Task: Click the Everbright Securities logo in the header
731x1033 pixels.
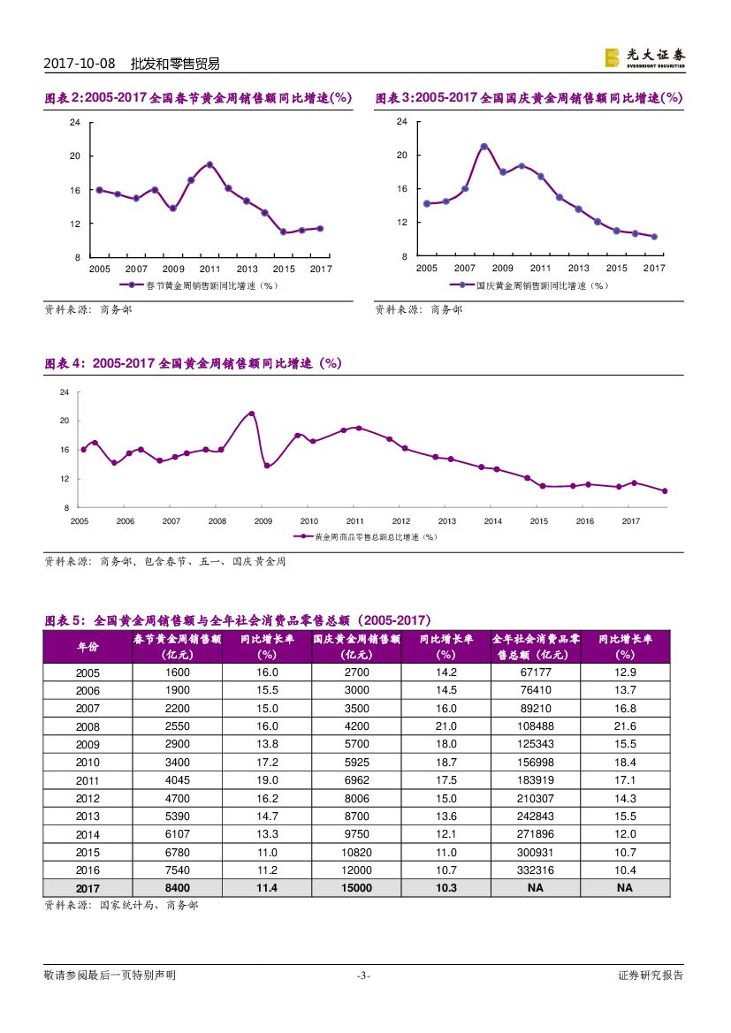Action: pos(644,58)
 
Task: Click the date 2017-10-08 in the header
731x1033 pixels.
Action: pos(80,64)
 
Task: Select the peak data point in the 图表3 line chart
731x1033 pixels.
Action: pos(484,147)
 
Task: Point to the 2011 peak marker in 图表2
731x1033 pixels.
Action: pos(209,164)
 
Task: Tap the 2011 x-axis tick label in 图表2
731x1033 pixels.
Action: pos(209,268)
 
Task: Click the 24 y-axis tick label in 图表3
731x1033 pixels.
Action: pos(402,121)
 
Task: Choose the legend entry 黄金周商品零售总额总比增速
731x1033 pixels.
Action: pos(369,535)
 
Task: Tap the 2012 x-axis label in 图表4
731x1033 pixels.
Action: pos(400,521)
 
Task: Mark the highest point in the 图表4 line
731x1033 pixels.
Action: pos(252,414)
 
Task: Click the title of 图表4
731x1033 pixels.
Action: pos(193,363)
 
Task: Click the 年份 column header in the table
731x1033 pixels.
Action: pos(88,646)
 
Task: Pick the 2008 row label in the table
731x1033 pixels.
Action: pos(88,726)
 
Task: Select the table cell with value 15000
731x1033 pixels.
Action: pos(356,887)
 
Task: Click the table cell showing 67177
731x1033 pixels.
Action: pos(535,672)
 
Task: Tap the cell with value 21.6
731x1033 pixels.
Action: pos(625,726)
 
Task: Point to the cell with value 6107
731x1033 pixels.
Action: pos(177,834)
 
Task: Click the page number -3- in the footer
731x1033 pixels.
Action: pos(363,976)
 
